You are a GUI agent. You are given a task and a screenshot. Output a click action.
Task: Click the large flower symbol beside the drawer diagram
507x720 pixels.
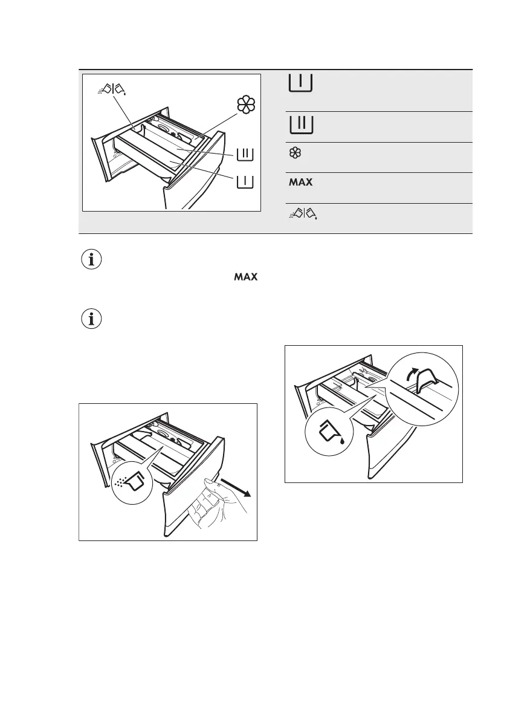coord(245,105)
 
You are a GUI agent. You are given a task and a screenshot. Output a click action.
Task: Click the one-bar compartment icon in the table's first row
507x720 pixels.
coord(300,82)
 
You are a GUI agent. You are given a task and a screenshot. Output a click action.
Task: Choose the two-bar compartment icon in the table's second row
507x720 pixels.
coord(300,125)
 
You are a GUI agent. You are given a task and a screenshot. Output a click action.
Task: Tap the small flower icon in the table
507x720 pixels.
coord(295,154)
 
